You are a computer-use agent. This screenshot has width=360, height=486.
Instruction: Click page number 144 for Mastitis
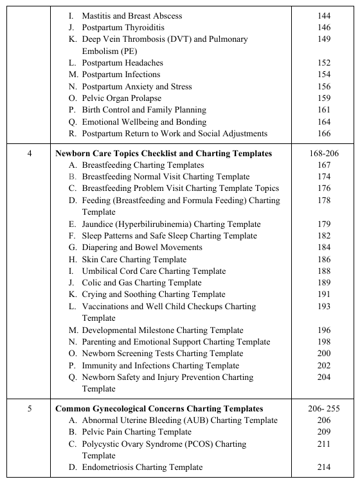click(324, 15)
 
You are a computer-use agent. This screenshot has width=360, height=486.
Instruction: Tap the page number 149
click(324, 39)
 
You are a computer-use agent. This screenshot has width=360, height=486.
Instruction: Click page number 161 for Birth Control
click(324, 110)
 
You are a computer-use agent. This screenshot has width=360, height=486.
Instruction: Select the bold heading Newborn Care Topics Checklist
click(163, 154)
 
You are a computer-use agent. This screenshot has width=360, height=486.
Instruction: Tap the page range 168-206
click(324, 154)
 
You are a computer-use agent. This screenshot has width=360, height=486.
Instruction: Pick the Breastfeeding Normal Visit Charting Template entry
click(159, 177)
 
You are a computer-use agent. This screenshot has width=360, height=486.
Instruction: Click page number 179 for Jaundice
click(324, 224)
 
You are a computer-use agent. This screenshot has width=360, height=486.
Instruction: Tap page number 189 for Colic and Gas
click(324, 283)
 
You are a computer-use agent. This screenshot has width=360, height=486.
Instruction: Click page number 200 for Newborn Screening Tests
click(324, 354)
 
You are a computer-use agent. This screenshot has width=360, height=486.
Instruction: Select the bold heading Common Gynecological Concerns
click(159, 409)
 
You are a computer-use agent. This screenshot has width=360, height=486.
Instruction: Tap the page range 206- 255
click(324, 409)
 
